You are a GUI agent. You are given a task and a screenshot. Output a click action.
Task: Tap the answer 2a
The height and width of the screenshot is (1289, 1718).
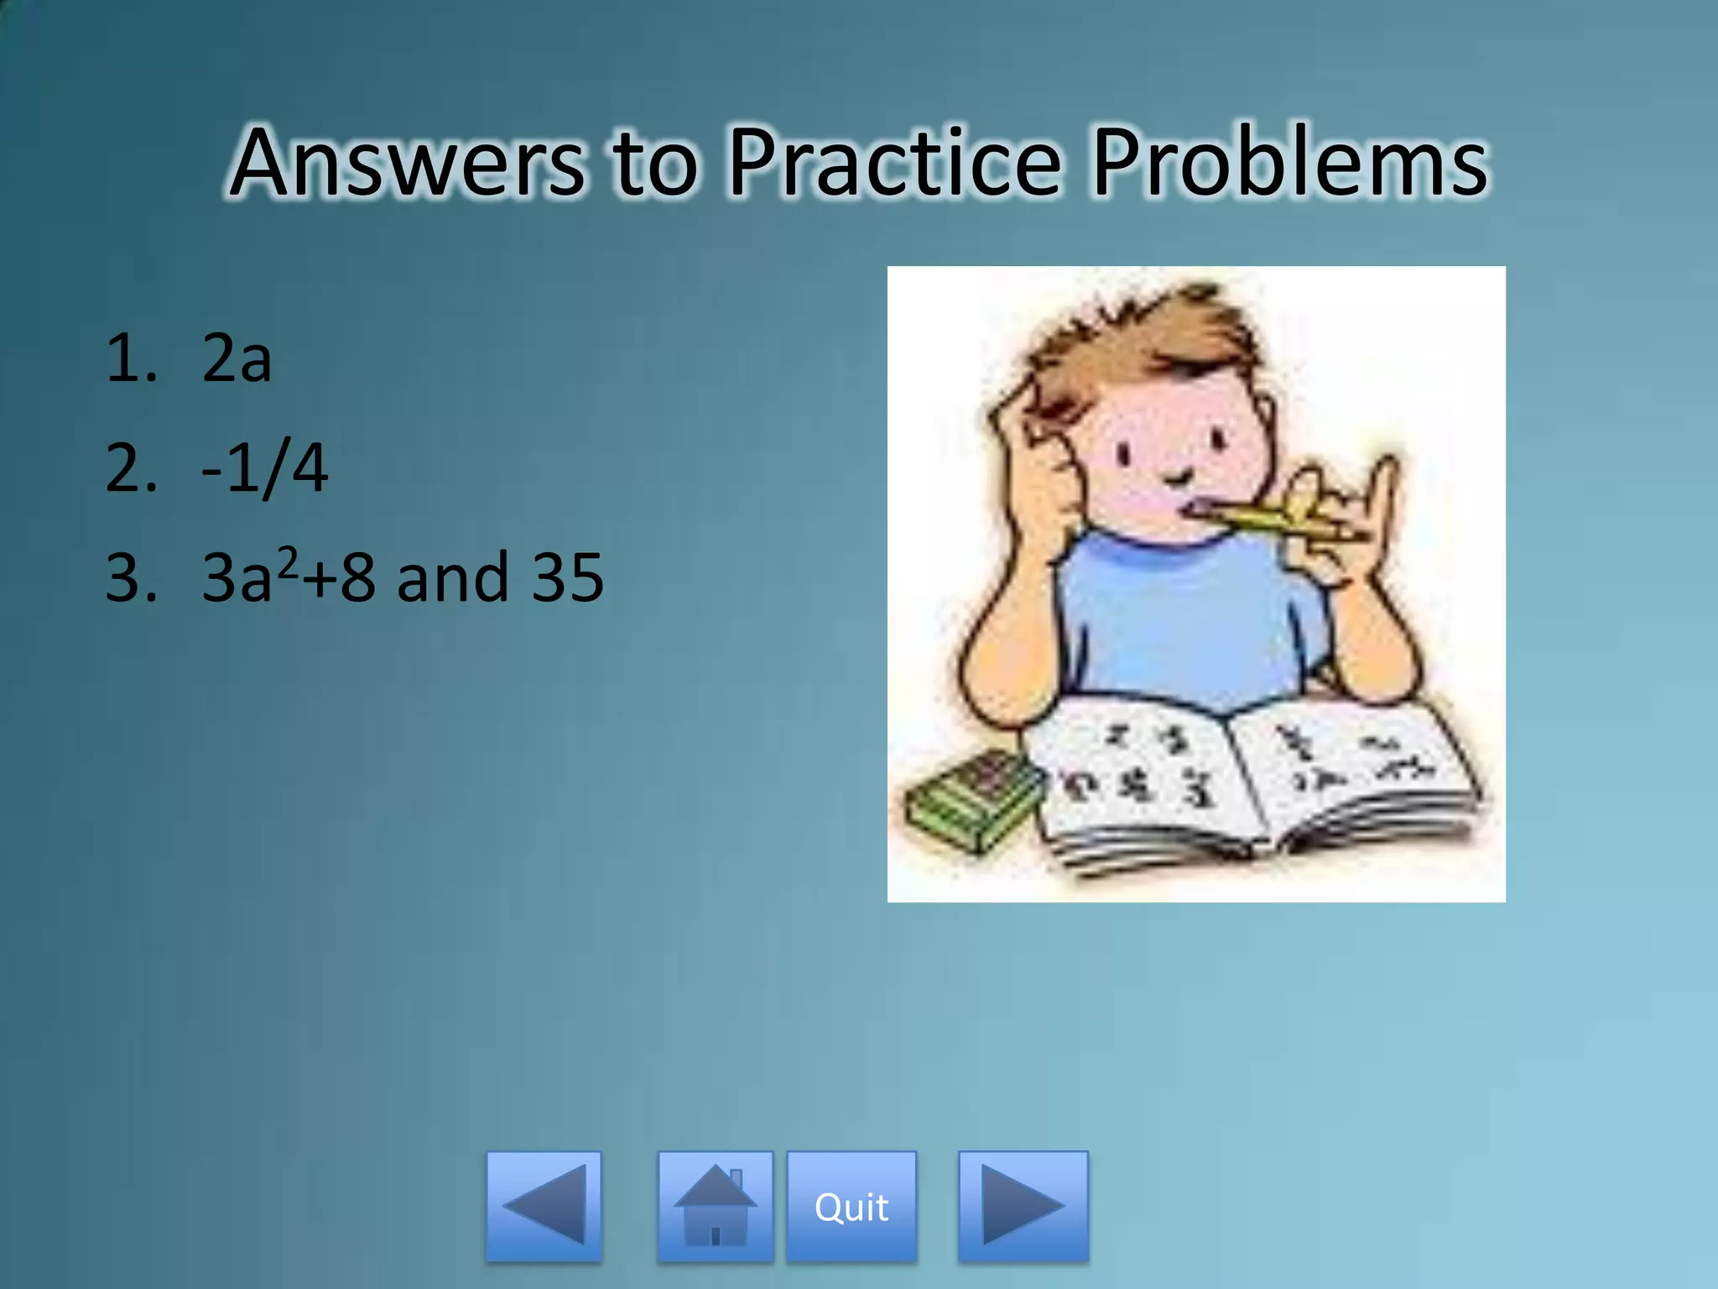237,359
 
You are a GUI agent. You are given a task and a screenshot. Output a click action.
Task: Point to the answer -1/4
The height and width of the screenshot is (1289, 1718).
264,468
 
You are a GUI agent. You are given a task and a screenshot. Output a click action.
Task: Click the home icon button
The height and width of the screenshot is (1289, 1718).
715,1206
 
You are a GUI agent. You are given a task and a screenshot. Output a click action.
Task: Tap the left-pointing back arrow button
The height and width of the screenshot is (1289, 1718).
544,1206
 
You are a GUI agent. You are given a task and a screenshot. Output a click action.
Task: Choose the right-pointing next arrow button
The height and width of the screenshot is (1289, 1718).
1023,1206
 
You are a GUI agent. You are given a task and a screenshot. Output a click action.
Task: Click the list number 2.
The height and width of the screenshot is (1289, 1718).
130,468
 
